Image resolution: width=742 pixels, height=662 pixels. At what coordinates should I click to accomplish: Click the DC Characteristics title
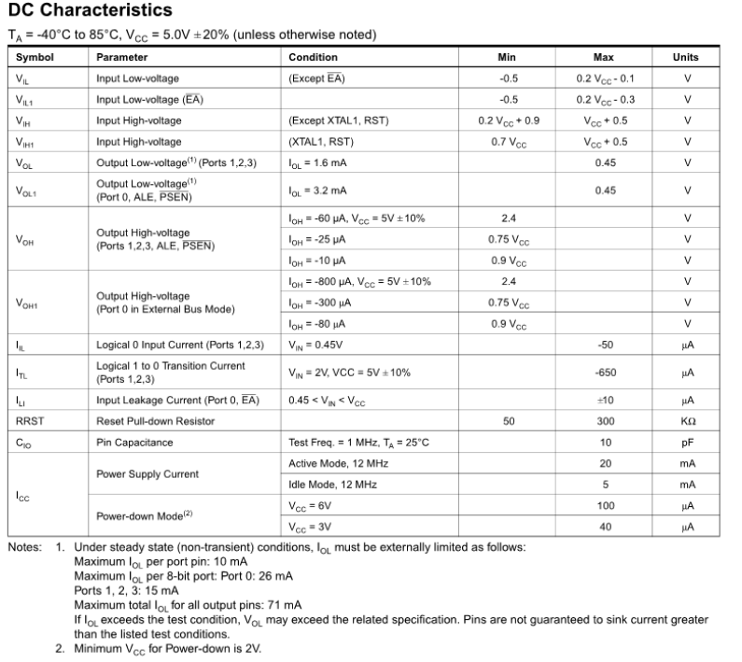[x=90, y=11]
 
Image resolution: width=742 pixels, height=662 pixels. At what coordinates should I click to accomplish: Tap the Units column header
[x=686, y=57]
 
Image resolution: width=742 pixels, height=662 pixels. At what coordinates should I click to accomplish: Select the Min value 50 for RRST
[x=509, y=421]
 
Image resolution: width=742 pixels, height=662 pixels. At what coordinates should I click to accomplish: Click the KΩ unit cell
[x=686, y=421]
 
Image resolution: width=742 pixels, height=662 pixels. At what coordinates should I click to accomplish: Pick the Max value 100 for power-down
[x=604, y=505]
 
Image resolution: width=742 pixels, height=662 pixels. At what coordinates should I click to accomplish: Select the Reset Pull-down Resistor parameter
[x=157, y=421]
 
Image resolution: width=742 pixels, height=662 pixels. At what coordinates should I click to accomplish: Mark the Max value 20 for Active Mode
[x=604, y=464]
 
